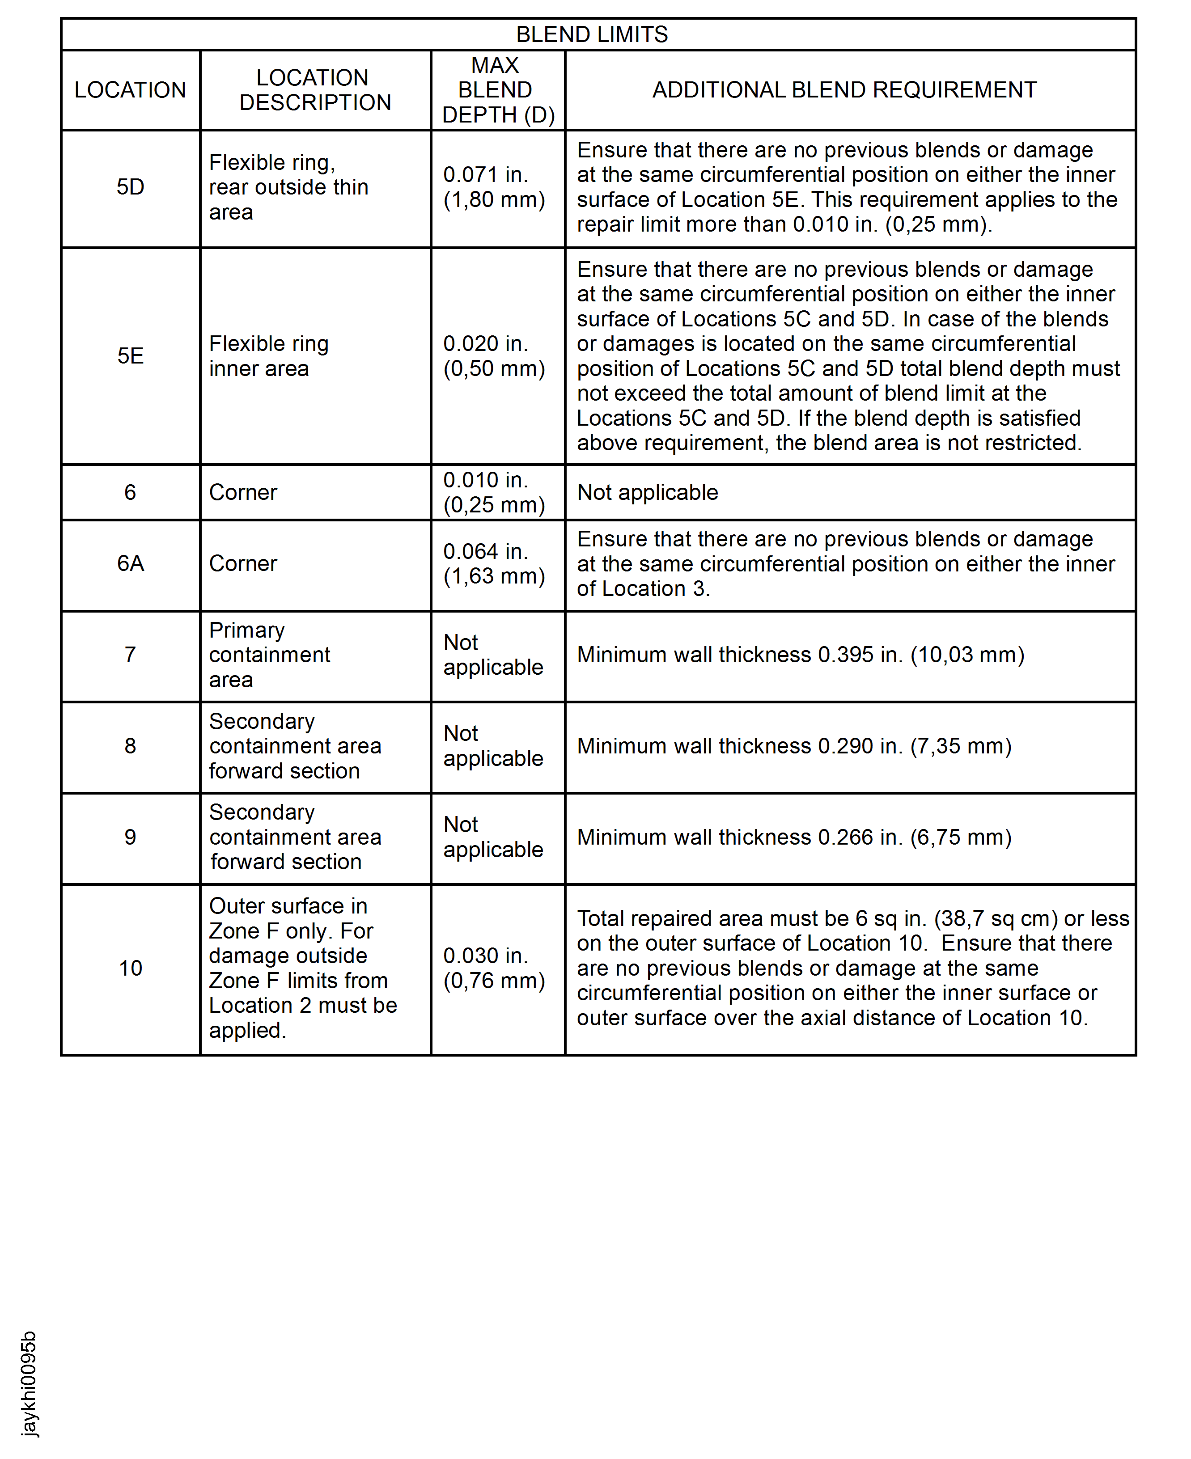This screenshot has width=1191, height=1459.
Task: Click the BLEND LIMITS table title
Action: click(591, 34)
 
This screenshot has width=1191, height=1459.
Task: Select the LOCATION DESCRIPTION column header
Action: click(314, 90)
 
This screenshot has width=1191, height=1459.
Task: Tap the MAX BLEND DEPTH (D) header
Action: click(497, 90)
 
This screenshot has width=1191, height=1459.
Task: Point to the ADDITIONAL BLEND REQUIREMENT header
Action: click(844, 90)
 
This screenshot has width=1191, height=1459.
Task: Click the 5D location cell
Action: click(130, 187)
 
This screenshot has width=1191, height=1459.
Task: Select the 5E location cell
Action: click(130, 356)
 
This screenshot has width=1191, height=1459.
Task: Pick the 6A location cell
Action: click(130, 563)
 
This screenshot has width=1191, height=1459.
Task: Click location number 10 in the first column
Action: click(130, 968)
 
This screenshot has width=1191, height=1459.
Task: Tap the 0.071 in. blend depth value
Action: click(486, 175)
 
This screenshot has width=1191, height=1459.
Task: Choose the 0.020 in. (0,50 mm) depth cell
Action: click(494, 356)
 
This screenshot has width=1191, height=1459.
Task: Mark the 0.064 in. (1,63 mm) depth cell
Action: click(494, 563)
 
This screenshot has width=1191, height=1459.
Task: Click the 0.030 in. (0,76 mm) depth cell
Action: click(494, 968)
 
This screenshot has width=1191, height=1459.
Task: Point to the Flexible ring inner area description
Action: click(269, 356)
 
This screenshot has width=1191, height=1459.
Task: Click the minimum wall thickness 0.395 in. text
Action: click(800, 655)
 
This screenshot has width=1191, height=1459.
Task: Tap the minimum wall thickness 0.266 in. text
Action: click(794, 837)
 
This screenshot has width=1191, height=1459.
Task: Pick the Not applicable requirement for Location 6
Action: click(647, 492)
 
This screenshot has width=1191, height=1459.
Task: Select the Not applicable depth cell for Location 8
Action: click(492, 746)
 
